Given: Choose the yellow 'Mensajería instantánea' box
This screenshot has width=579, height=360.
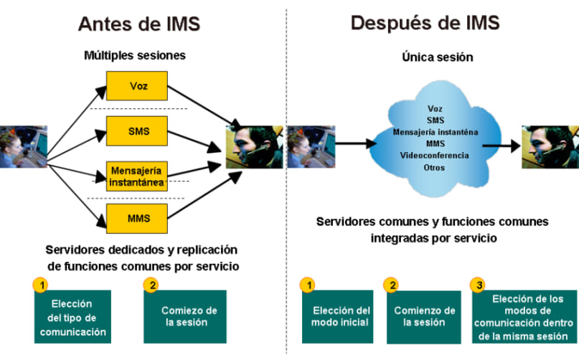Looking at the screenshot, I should point(138,176).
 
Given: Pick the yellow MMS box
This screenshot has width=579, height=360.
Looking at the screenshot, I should point(138,218).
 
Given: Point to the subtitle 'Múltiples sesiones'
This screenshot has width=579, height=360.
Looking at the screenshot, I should point(136,55).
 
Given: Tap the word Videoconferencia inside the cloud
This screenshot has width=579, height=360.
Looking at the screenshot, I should point(435,155).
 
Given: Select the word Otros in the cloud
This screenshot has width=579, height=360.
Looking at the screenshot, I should point(434,167).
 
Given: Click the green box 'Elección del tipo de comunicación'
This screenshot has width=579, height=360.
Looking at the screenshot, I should point(73,316).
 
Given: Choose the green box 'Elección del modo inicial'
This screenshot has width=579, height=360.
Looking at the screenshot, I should point(342,316).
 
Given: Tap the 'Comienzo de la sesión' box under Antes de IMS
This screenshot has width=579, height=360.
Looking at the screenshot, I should point(189,316).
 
